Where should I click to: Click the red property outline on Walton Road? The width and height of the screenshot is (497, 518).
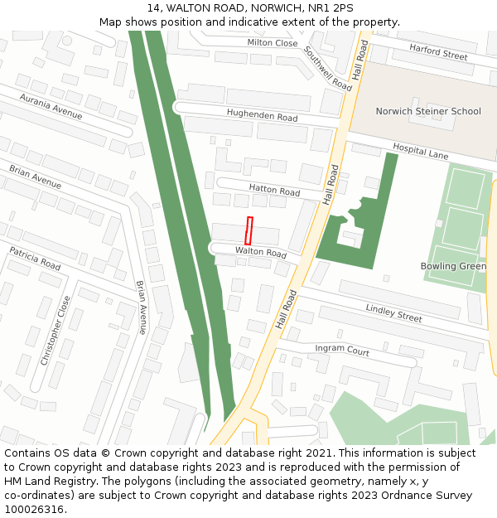click(x=248, y=230)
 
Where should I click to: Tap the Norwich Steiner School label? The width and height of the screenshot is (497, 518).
click(x=427, y=111)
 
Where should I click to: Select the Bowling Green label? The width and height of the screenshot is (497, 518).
click(x=453, y=266)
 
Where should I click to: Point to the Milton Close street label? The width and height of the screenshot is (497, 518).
click(x=272, y=43)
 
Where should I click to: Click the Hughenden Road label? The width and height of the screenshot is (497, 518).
click(x=262, y=117)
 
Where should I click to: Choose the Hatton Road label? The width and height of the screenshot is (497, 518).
click(x=274, y=191)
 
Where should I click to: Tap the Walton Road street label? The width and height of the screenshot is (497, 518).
click(x=260, y=252)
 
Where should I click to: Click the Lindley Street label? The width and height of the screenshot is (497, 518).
click(x=393, y=312)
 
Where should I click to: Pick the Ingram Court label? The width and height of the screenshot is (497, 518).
click(x=342, y=351)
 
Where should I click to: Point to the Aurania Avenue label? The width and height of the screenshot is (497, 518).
click(x=51, y=107)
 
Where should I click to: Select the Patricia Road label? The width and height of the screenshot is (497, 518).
click(x=35, y=259)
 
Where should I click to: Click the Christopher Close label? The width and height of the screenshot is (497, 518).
click(x=55, y=330)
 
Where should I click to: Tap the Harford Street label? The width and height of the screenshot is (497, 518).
click(x=438, y=52)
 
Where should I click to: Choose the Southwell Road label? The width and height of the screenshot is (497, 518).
click(x=328, y=67)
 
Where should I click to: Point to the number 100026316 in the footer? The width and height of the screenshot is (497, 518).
click(x=35, y=510)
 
